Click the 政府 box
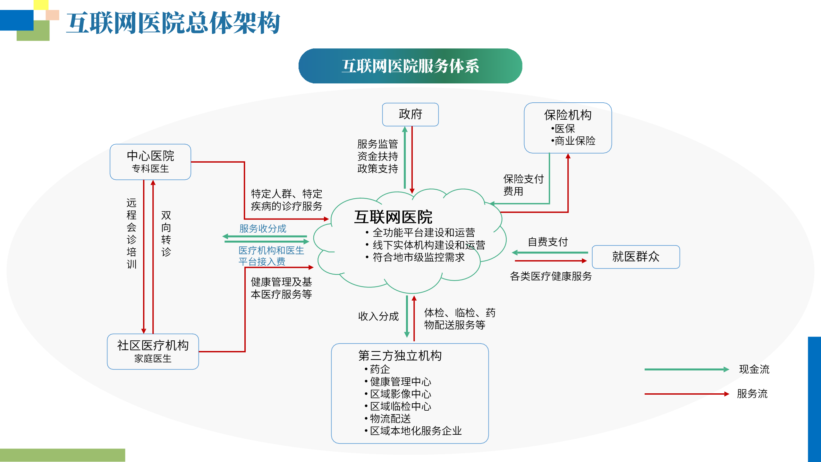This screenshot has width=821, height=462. coord(410,114)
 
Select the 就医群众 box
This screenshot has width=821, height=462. coord(636,257)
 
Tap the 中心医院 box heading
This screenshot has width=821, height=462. coord(150,156)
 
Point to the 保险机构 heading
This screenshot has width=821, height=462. coord(568,115)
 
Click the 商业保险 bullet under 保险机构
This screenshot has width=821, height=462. coord(575,141)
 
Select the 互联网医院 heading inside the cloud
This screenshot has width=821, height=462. coord(393,217)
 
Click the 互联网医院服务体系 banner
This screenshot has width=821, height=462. coord(410,66)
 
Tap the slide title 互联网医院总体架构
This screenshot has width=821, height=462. coord(174,23)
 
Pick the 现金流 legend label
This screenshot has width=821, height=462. coord(754,369)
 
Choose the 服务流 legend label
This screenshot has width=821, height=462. coord(752,394)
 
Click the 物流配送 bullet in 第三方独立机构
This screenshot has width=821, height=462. coord(390,419)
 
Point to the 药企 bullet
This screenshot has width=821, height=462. coord(380,369)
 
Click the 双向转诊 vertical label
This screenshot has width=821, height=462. coord(166,234)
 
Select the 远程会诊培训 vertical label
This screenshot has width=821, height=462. coord(131,234)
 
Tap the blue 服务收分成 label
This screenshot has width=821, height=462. coord(263,228)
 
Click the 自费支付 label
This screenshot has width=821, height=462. coord(548,242)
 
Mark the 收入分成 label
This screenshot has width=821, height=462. coord(378,316)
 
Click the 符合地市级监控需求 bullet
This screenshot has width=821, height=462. coord(419,257)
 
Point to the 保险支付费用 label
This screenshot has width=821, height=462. coord(523,185)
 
